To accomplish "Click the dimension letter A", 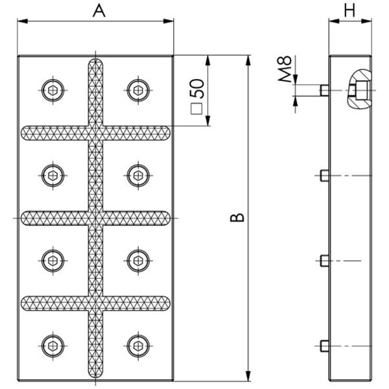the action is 99,11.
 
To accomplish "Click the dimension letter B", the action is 237,217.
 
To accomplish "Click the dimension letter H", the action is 350,10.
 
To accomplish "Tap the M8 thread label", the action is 285,69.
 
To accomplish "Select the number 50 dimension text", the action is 197,89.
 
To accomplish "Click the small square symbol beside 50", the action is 196,109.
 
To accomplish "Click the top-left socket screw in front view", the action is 53,90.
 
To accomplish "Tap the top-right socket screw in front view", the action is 138,90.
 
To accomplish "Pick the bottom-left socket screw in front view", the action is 53,346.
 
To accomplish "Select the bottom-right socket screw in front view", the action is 138,346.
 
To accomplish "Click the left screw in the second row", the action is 53,176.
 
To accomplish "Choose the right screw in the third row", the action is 138,261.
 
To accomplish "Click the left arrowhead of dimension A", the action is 22,21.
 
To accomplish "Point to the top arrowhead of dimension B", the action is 248,60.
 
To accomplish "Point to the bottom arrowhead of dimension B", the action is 248,375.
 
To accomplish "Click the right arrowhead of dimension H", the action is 366,21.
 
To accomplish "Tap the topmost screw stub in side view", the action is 324,90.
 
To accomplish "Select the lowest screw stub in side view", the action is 324,346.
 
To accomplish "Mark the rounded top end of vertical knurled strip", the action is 95,62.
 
